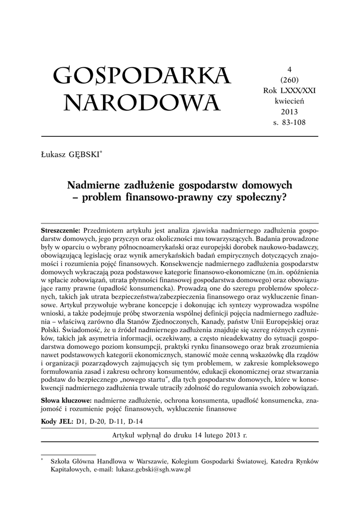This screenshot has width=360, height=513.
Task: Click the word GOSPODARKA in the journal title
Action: pyautogui.click(x=142, y=77)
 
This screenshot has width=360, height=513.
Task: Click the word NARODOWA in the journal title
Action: pyautogui.click(x=142, y=103)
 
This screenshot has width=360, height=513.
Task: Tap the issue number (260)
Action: pyautogui.click(x=290, y=80)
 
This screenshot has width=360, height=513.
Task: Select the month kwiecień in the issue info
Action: pyautogui.click(x=290, y=101)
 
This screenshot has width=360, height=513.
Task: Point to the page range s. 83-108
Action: pyautogui.click(x=290, y=122)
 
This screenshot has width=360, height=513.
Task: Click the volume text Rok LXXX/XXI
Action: pyautogui.click(x=290, y=90)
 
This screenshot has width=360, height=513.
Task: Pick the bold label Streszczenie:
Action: pyautogui.click(x=60, y=230)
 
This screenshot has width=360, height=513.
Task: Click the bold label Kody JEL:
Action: pyautogui.click(x=57, y=422)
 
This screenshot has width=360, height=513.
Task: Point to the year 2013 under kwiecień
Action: pyautogui.click(x=290, y=111)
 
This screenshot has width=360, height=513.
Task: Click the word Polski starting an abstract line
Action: pyautogui.click(x=51, y=331)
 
